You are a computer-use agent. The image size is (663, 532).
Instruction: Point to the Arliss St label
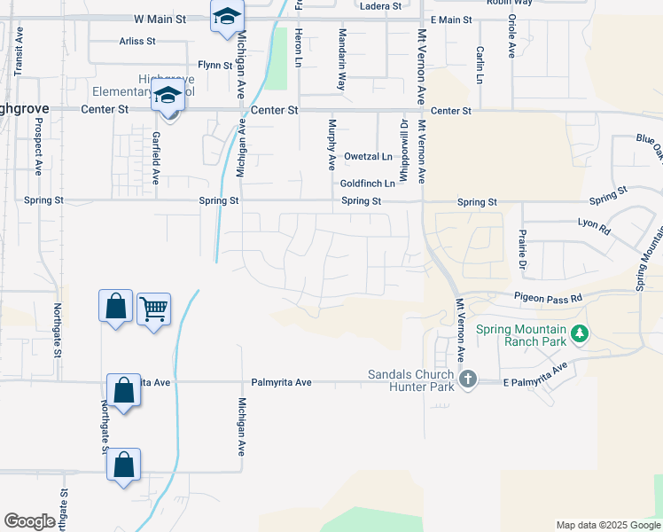point(137,41)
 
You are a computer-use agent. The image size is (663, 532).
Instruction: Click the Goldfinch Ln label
point(367,183)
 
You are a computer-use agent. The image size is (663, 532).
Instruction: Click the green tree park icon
point(580,333)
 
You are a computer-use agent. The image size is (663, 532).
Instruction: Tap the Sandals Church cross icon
point(468,379)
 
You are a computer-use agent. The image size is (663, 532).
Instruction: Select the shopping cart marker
point(153,309)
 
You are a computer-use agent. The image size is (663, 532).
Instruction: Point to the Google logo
point(29,521)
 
